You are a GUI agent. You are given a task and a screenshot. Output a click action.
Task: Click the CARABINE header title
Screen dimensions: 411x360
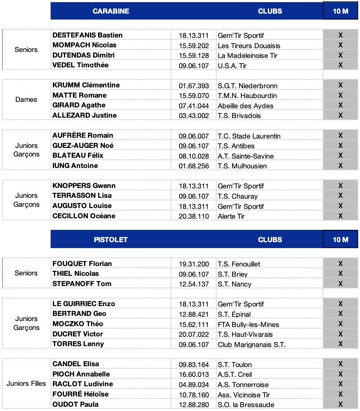point(110,11)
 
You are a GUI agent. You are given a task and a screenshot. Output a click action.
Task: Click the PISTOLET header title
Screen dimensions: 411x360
point(110,240)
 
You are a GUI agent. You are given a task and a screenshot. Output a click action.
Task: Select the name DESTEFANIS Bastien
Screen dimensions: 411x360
point(87,35)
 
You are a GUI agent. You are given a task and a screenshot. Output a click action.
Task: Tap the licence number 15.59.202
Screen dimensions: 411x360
point(194,46)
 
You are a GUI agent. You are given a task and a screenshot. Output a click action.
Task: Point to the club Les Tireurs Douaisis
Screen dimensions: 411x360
point(249,46)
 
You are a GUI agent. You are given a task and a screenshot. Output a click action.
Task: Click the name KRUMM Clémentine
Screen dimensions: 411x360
point(86,85)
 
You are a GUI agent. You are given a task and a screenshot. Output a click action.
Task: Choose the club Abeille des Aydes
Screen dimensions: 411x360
point(245,106)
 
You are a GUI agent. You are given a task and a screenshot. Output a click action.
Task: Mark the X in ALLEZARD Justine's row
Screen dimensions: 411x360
point(340,115)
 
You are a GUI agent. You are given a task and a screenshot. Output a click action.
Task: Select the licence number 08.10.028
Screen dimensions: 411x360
point(194,156)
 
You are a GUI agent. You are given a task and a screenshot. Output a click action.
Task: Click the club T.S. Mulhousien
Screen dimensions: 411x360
point(242,166)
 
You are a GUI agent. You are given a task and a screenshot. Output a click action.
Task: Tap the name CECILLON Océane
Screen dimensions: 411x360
point(84,216)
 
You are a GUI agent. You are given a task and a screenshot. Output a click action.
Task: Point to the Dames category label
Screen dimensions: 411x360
point(26,100)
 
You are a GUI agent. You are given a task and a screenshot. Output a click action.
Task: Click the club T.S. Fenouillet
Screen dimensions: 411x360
point(238,264)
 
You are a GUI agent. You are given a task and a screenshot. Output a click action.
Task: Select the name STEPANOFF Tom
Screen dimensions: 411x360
point(82,284)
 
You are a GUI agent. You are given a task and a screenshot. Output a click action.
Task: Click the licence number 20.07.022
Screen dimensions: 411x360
point(194,334)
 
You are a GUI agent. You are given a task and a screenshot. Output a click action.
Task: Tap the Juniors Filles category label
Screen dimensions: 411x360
point(26,384)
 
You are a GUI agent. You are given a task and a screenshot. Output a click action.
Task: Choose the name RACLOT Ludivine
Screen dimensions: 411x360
point(82,384)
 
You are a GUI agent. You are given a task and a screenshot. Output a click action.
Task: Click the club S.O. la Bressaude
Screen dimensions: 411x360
point(246,405)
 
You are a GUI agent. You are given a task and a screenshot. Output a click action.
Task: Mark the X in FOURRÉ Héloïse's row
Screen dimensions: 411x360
point(340,394)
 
